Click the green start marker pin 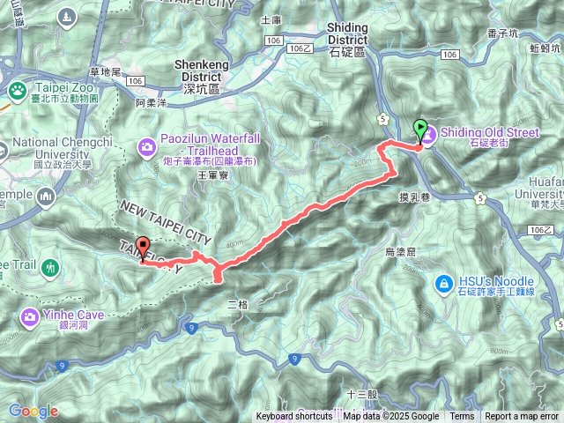click(x=420, y=130)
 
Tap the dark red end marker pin click(x=143, y=249)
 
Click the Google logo click(x=33, y=411)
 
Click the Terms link click(x=462, y=417)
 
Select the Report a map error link click(x=522, y=417)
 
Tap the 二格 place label click(x=238, y=304)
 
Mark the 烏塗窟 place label click(x=403, y=252)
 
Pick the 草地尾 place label click(x=106, y=72)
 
